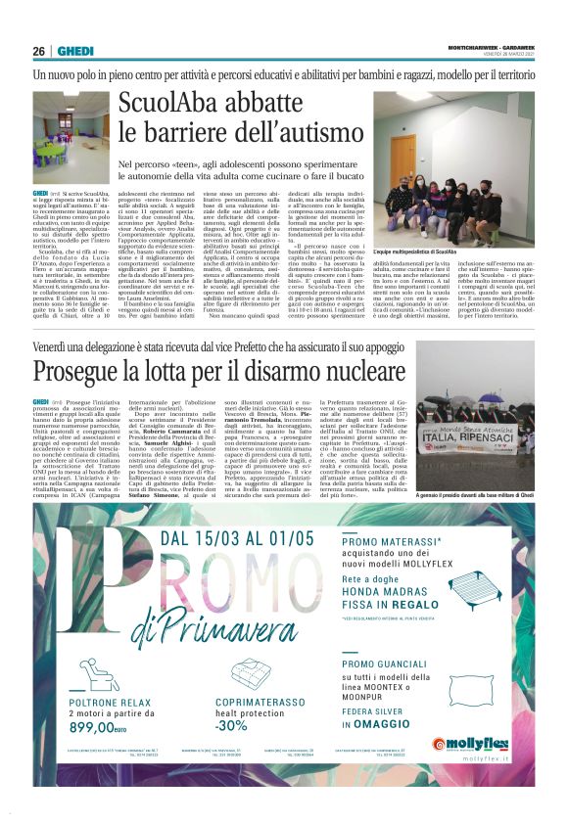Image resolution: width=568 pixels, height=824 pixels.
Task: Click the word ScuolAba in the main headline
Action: [175, 105]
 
